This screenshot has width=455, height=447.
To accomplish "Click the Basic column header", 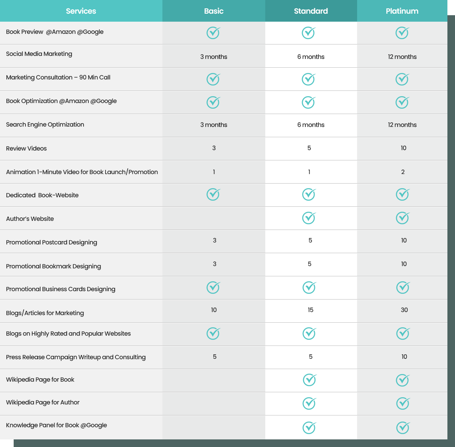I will coord(214,11).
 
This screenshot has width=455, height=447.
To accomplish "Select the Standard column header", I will coord(311,11).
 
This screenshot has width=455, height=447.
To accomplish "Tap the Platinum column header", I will coord(402,11).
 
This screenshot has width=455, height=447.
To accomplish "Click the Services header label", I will coord(81,11).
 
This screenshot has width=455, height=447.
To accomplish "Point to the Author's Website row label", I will coord(30,219).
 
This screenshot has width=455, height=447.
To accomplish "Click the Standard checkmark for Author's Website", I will coord(309,218).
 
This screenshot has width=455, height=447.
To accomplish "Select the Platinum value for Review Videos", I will coord(403,148).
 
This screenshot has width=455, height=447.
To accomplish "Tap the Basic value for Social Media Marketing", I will coord(214,57).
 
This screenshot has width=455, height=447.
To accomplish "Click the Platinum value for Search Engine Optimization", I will coord(402,125).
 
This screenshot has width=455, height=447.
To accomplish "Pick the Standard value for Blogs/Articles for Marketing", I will coord(310,310).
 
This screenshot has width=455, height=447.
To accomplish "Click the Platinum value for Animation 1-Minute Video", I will coord(403,172).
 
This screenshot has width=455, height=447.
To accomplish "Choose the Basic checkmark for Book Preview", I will coord(213,33).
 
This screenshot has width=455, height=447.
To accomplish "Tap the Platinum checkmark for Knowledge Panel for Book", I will coord(403,427).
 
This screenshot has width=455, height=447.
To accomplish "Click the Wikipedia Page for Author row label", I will coord(43,402).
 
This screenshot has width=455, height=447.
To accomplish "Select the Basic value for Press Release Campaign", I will coord(214,357).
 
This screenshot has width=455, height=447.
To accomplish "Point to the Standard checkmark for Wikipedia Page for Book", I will coord(310,380).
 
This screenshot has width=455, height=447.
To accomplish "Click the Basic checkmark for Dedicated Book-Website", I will coord(213,194).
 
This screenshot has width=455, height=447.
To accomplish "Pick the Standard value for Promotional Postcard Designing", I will coord(310,240).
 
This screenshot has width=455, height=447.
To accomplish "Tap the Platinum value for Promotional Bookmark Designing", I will coord(404,264).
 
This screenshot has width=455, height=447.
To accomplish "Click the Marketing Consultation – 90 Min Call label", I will coord(58,77).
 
